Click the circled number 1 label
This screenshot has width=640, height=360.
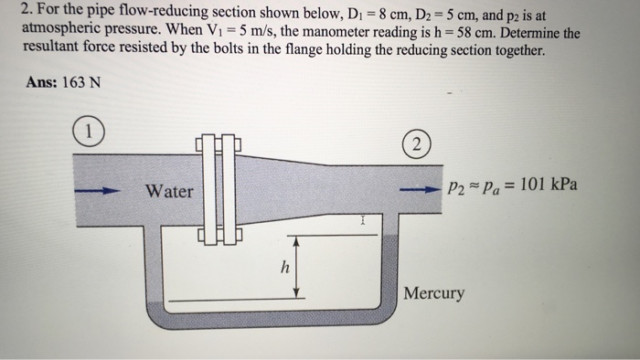click(90, 132)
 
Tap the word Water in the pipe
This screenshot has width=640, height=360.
click(170, 191)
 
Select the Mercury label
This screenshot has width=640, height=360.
click(434, 294)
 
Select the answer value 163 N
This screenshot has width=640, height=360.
click(81, 82)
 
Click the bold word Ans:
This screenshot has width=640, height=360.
click(38, 82)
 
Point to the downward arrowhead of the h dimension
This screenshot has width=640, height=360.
click(298, 292)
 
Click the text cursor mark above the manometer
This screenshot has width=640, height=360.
click(363, 220)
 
